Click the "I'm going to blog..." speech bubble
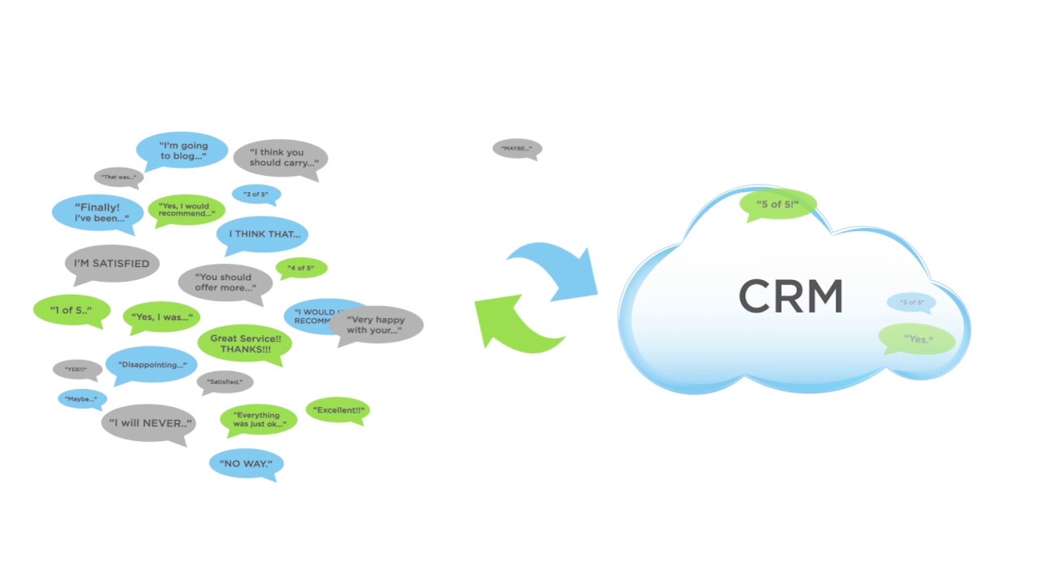pyautogui.click(x=182, y=151)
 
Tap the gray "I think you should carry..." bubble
pyautogui.click(x=281, y=157)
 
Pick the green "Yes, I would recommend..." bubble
pyautogui.click(x=186, y=209)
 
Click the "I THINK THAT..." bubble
pyautogui.click(x=263, y=234)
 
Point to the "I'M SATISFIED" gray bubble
pyautogui.click(x=112, y=264)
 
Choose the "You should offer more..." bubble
pyautogui.click(x=225, y=282)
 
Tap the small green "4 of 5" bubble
pyautogui.click(x=301, y=267)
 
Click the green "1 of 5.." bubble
pyautogui.click(x=71, y=310)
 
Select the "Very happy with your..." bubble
pyautogui.click(x=376, y=325)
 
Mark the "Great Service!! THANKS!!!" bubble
pyautogui.click(x=244, y=343)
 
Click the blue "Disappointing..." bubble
pyautogui.click(x=151, y=365)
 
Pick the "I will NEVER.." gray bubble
pyautogui.click(x=149, y=423)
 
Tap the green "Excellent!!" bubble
pyautogui.click(x=338, y=410)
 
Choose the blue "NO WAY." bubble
pyautogui.click(x=246, y=464)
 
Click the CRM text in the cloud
pyautogui.click(x=790, y=297)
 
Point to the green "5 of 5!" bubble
pyautogui.click(x=777, y=204)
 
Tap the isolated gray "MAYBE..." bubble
pyautogui.click(x=517, y=148)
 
